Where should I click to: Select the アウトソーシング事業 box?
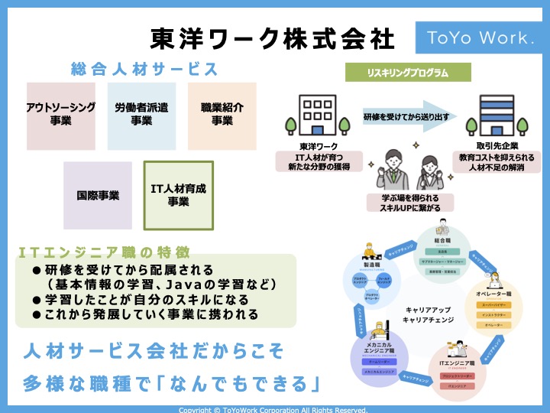click(x=60, y=115)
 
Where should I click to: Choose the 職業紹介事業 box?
click(x=222, y=115)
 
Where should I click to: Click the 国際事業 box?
click(x=98, y=196)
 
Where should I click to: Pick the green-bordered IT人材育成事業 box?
click(x=178, y=196)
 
